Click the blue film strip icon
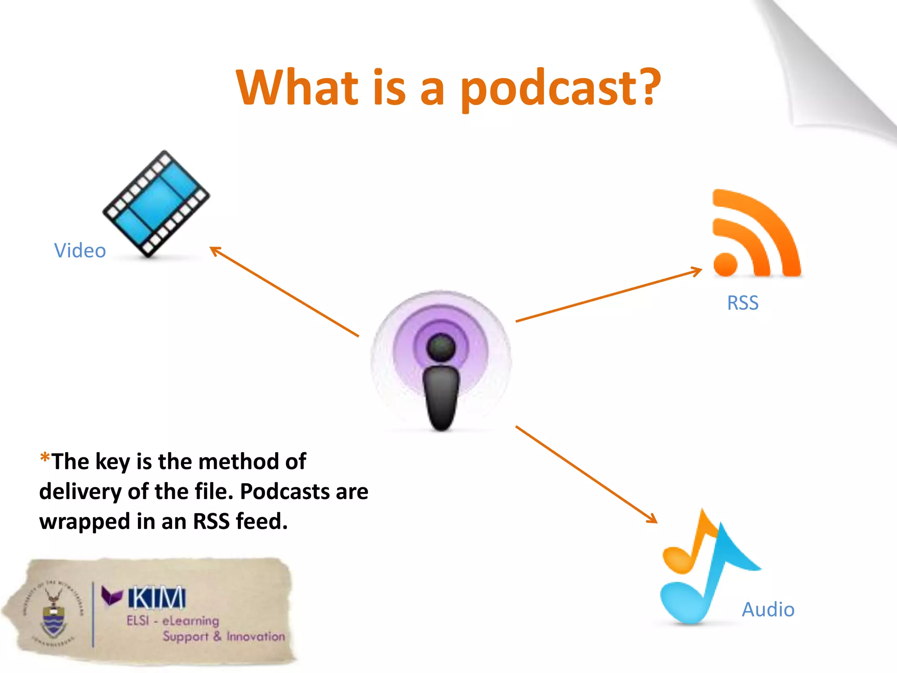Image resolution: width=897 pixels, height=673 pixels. click(x=156, y=204)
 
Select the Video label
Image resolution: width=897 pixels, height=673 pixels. click(x=80, y=251)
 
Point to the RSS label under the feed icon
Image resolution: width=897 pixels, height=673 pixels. click(x=743, y=303)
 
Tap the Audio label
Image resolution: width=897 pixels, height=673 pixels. click(x=768, y=609)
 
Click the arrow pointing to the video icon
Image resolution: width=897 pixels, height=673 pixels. click(x=284, y=291)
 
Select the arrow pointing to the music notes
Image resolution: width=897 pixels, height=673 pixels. click(x=586, y=474)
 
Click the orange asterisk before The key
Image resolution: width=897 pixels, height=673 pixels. click(x=45, y=458)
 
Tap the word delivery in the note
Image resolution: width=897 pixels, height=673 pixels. click(x=80, y=492)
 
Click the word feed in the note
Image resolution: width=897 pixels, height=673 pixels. click(x=261, y=521)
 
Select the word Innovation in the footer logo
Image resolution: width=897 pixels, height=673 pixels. click(x=255, y=636)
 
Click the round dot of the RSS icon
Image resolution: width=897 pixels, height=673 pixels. click(x=725, y=264)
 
